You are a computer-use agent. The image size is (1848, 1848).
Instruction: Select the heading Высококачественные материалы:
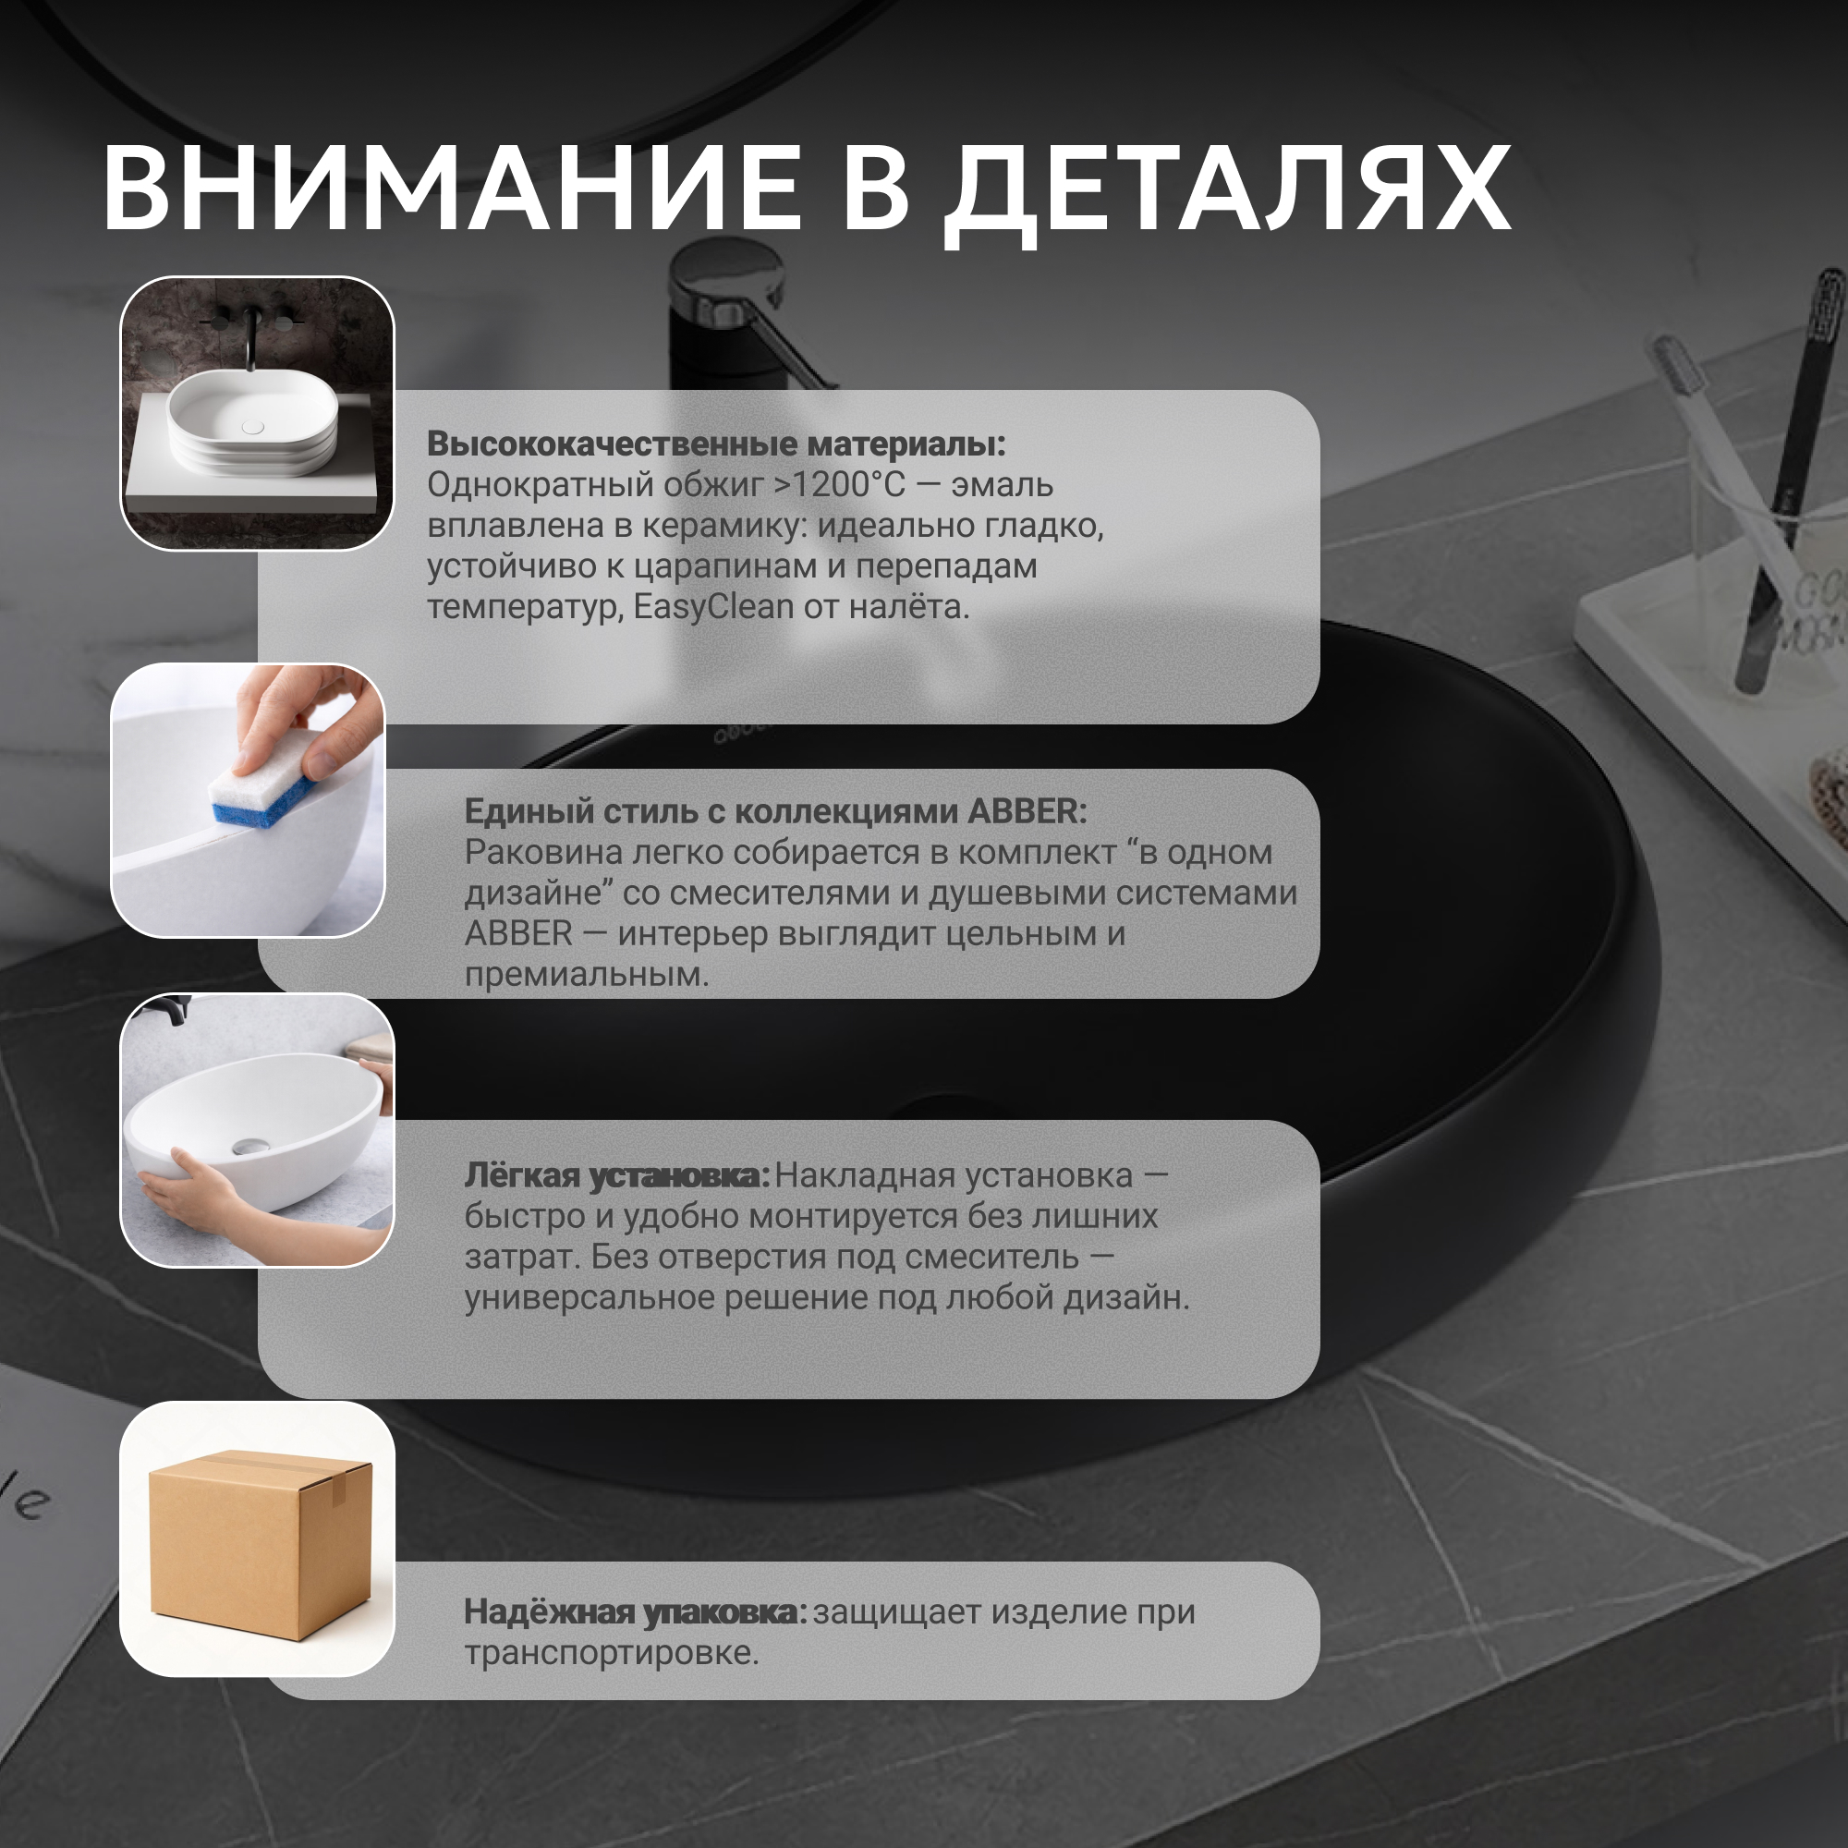[x=716, y=444]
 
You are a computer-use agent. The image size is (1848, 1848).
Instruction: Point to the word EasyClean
[x=713, y=607]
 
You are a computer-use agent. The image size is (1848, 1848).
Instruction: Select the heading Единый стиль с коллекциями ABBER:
[x=776, y=811]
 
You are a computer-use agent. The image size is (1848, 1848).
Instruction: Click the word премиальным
[x=588, y=975]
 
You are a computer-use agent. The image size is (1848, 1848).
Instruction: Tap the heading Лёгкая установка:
[x=617, y=1176]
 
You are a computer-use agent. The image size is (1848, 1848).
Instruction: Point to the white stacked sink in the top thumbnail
[x=252, y=424]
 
